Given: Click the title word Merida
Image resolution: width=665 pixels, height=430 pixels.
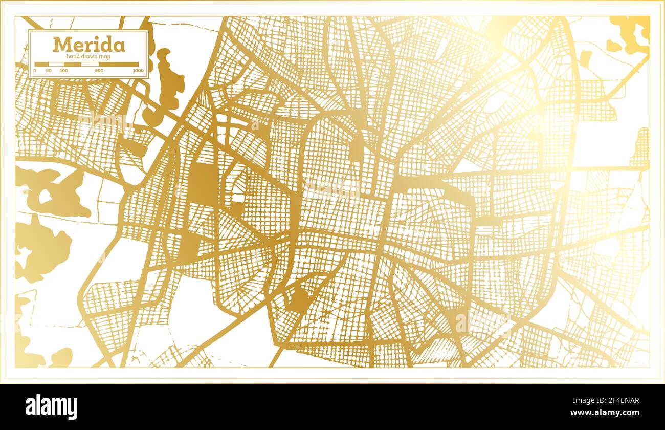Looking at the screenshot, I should pyautogui.click(x=88, y=45).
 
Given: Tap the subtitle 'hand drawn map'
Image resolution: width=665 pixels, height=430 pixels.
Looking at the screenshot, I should pyautogui.click(x=88, y=55).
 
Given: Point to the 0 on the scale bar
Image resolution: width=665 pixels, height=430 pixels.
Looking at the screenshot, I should pyautogui.click(x=35, y=70).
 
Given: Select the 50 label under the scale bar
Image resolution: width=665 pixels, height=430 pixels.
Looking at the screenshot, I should pyautogui.click(x=48, y=70).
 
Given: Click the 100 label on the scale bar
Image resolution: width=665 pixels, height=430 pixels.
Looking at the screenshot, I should pyautogui.click(x=63, y=70).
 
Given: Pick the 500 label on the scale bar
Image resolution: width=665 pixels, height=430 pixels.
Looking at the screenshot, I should pyautogui.click(x=99, y=70).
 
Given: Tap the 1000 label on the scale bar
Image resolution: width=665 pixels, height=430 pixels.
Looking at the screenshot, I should pyautogui.click(x=138, y=70).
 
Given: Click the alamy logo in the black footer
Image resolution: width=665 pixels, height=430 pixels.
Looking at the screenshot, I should pyautogui.click(x=52, y=406).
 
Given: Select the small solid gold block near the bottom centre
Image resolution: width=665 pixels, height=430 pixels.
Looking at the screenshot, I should pyautogui.click(x=299, y=302).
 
